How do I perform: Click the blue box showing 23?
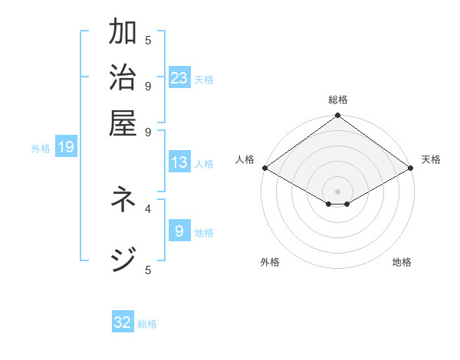coord(179,77)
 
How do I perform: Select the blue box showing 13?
coord(179,162)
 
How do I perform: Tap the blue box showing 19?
coord(66,147)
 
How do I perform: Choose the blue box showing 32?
coord(123,322)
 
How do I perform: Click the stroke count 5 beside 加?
coord(148,40)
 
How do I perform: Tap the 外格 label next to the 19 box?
coord(41,149)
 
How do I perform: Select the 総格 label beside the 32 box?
coord(148,324)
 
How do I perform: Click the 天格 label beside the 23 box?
coord(204,80)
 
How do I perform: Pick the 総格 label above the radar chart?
coord(337,100)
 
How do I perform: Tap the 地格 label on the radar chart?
coord(402,262)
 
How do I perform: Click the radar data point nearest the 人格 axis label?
coord(264,168)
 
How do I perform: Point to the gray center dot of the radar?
coord(337,191)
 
